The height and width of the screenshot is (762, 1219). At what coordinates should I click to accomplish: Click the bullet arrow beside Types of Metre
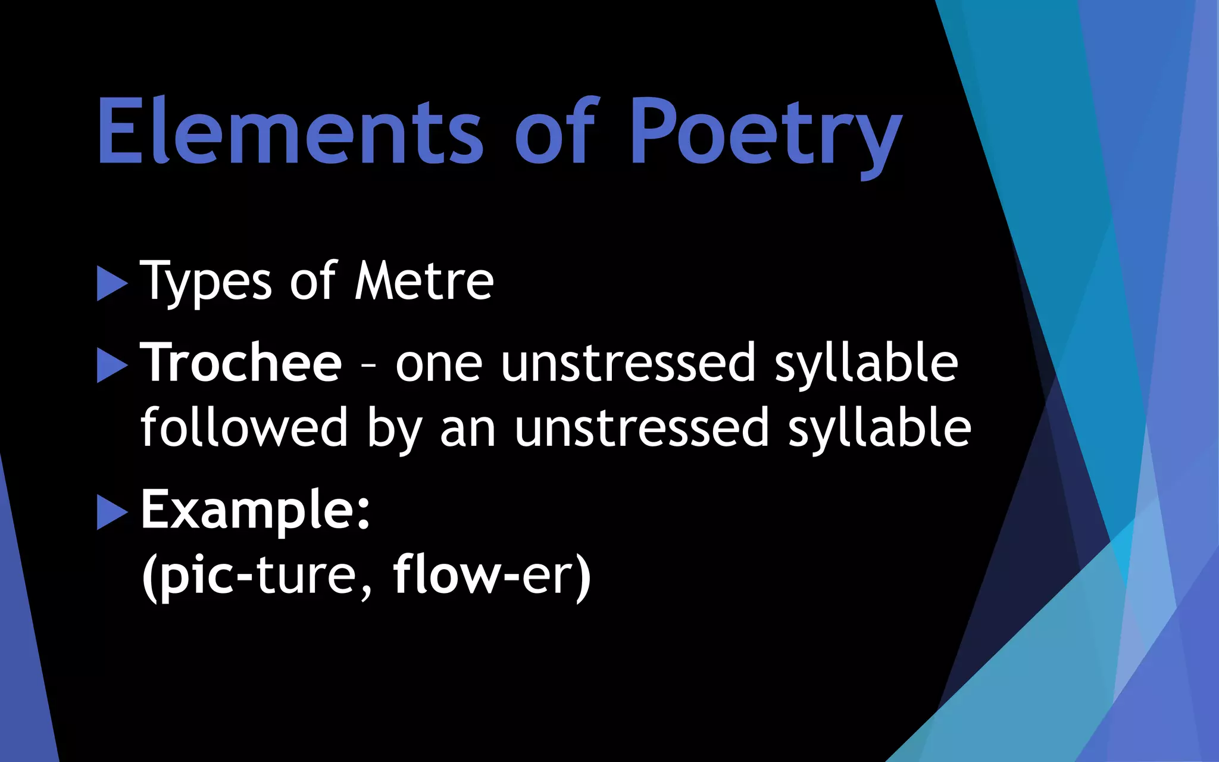click(112, 283)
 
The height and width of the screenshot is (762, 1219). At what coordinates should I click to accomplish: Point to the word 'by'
click(394, 430)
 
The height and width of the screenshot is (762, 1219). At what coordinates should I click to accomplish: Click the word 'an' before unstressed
click(468, 429)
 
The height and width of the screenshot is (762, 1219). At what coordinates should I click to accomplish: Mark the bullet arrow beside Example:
click(112, 512)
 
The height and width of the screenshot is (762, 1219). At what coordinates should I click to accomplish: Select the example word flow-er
click(492, 575)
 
